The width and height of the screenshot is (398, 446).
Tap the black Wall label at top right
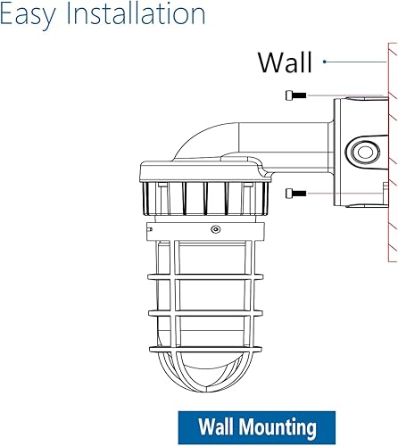pyautogui.click(x=285, y=62)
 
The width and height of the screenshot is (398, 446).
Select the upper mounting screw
pyautogui.click(x=295, y=95)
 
